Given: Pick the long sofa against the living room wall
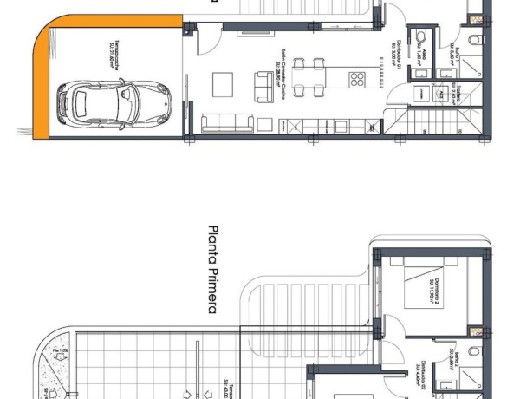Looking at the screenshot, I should pyautogui.click(x=228, y=122).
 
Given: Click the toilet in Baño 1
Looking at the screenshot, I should pyautogui.click(x=473, y=40).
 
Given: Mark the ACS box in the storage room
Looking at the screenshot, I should pyautogui.click(x=440, y=90).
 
